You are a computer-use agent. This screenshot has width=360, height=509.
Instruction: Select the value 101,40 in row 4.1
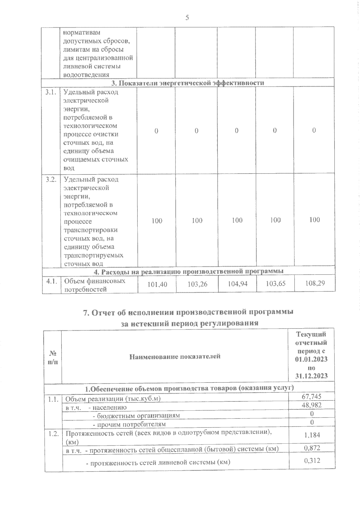click(157, 284)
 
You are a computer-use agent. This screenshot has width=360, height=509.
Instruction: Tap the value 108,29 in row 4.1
click(314, 283)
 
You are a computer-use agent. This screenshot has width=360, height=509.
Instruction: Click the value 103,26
click(197, 284)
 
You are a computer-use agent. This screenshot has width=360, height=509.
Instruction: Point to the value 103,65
click(276, 283)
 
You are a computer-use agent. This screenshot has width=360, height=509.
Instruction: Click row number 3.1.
click(51, 92)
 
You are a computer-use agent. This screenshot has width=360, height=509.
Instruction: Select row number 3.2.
click(51, 180)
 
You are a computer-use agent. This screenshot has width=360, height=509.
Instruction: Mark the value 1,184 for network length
click(312, 435)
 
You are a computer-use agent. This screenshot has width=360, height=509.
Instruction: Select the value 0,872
click(312, 448)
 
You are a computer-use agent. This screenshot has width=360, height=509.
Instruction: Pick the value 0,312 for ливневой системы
click(312, 460)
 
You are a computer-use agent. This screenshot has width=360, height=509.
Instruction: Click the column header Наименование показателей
click(175, 356)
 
